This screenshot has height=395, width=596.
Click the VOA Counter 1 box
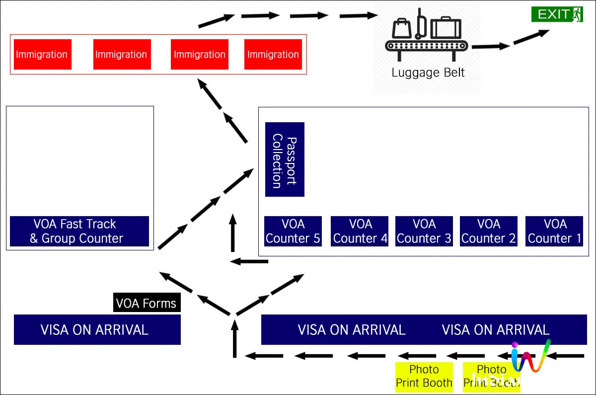pos(554,231)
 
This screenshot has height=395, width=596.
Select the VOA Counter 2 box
pos(489,231)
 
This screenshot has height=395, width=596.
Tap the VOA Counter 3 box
pos(424,231)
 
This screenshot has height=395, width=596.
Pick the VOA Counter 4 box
pos(360,231)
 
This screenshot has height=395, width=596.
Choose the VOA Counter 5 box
pos(293,231)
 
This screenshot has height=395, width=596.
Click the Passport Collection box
pos(285,159)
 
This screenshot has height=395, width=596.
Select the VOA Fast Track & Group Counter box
pos(79,231)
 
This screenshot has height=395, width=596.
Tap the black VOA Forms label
pos(147,303)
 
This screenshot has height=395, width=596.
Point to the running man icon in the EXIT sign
pos(576,14)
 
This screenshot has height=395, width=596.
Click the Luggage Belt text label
pos(428,73)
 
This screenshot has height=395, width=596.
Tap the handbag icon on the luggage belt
pos(401,29)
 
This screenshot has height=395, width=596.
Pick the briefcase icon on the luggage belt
pos(446,28)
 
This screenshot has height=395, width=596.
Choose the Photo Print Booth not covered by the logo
pos(424,377)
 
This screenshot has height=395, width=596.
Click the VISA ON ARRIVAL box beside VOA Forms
pos(97,329)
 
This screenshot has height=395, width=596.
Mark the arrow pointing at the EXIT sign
pos(531,37)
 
